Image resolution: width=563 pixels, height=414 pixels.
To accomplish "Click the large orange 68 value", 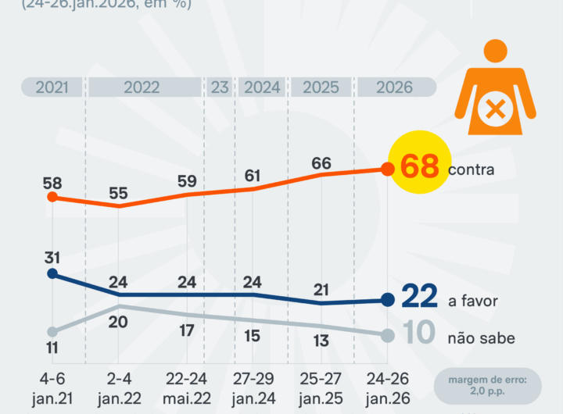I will [420, 166].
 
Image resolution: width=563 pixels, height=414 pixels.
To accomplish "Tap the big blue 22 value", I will [418, 298].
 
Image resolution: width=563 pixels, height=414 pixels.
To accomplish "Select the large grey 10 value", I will [420, 334].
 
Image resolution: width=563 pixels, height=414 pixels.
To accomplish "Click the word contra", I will [472, 170].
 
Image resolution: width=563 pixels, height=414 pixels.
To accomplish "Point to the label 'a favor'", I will [473, 301].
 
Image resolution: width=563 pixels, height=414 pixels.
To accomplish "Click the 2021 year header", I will [52, 87].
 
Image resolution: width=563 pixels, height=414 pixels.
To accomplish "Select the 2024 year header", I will [262, 87].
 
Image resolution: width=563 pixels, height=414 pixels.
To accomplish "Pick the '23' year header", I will [219, 87].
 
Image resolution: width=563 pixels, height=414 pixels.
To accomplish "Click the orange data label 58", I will [52, 183].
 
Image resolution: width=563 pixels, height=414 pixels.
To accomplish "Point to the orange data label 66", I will [321, 163].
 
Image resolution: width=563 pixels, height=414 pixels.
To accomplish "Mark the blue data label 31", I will [52, 258].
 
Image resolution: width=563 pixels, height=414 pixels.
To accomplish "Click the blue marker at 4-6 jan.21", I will [52, 273].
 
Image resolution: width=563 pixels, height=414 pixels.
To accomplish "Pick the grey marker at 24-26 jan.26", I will [387, 335].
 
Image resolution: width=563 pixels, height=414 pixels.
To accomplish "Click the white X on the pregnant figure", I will [495, 110].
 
